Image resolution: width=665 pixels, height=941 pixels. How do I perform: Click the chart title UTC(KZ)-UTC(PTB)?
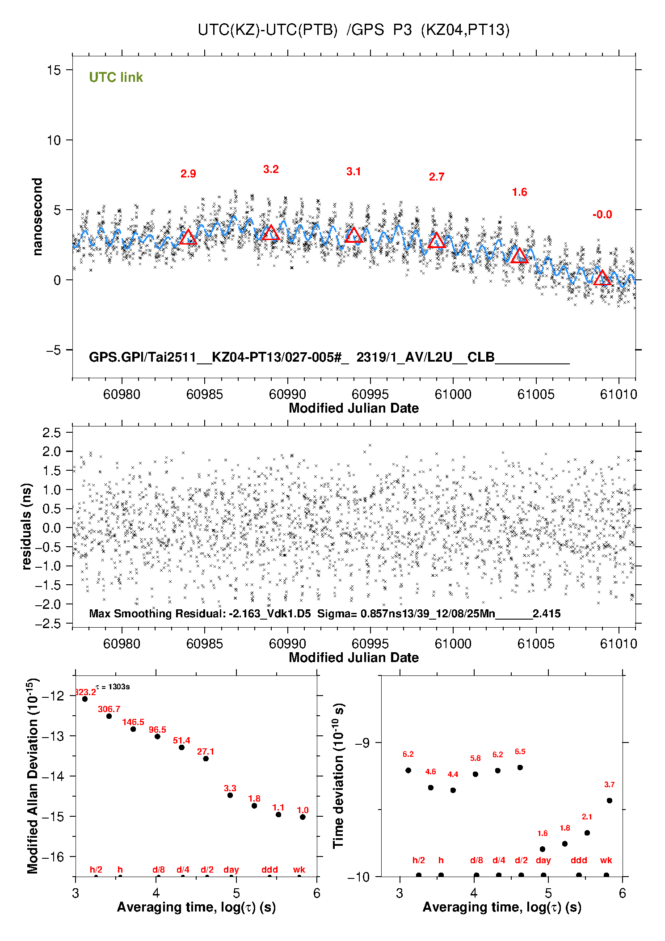coord(268,30)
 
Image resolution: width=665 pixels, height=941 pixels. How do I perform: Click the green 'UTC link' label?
coord(116,77)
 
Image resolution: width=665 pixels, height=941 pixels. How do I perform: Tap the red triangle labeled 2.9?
coord(188,238)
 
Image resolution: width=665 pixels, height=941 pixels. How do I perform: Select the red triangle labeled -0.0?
coord(602,278)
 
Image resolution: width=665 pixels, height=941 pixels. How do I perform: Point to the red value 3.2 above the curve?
coord(271,169)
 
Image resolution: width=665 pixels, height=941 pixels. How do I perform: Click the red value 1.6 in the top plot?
coord(519,192)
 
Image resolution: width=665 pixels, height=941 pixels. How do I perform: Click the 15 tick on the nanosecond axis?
coord(54,70)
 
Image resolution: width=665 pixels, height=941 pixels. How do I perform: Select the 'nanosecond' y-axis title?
coord(38,217)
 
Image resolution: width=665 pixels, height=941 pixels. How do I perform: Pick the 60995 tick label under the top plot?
coord(370,394)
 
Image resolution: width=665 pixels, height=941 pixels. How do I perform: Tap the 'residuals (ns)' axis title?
coord(27,526)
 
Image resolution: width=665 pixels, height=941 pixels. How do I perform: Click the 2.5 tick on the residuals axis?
coord(52,433)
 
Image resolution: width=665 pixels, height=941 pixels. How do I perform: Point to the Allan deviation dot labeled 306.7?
coord(109,716)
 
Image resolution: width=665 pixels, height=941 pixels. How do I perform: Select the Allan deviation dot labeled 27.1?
coord(206,759)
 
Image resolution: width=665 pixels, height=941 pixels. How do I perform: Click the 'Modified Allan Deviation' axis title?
coord(32,776)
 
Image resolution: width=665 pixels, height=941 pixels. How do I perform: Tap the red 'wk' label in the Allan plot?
coord(299,869)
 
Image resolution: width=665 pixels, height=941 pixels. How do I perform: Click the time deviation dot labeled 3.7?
coord(610,801)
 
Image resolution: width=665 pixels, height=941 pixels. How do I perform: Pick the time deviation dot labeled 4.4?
coord(453,790)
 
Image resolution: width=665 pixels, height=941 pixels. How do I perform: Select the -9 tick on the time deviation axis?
coord(362,743)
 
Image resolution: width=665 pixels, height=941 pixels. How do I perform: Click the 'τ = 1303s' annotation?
coord(113,687)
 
